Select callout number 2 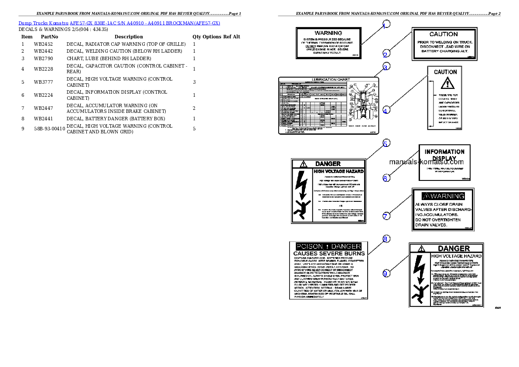pos(386,54)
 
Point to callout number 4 pos(386,111)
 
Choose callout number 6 pos(386,178)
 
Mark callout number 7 pos(386,216)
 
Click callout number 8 pos(386,239)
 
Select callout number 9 pos(386,273)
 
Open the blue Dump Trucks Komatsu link pos(119,23)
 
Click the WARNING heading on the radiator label pos(328,33)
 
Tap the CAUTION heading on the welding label pos(443,34)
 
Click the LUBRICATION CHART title pos(328,79)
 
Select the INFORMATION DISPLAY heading pos(444,155)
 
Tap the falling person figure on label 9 pos(420,292)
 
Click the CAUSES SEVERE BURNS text pos(328,253)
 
